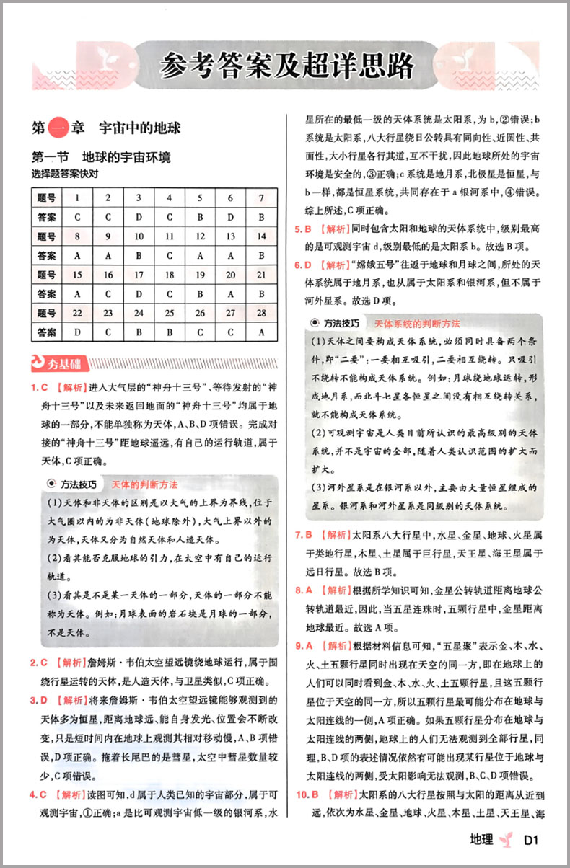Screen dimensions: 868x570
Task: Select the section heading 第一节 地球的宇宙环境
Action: tap(101, 156)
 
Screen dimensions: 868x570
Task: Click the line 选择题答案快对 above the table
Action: tap(64, 173)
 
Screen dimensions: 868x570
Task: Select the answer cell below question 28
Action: tap(261, 332)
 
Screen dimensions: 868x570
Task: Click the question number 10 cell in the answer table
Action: tap(138, 236)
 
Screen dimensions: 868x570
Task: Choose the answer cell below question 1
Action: tap(76, 216)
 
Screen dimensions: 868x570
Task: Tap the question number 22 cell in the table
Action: tap(76, 314)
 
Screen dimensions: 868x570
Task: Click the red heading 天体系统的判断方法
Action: tap(417, 323)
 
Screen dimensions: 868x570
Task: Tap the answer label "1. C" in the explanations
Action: tap(39, 388)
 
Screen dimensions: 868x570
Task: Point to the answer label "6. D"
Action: tap(302, 265)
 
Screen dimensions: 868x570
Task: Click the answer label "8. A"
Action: tap(302, 590)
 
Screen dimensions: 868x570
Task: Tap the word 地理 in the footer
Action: tap(481, 840)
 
